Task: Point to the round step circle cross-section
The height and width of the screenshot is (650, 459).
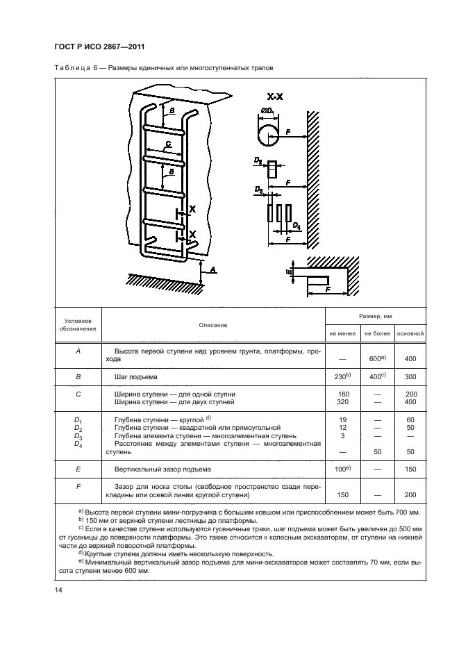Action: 268,135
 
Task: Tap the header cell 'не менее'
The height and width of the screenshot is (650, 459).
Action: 342,334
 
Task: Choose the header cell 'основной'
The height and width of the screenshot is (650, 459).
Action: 410,334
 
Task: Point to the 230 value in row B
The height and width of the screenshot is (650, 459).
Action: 341,376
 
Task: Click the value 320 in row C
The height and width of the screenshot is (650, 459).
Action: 342,402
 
